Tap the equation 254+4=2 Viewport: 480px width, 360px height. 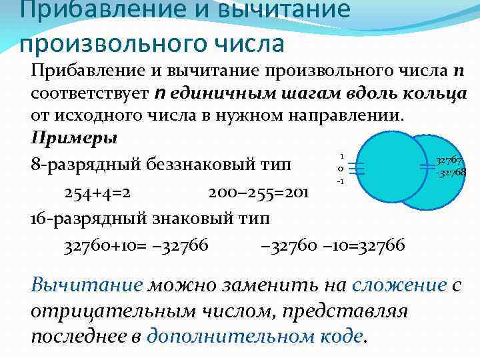97,193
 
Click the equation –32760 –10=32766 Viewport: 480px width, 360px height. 333,246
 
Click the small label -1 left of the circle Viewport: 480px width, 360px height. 339,181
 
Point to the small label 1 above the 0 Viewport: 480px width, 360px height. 341,153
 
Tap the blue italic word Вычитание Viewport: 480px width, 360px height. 87,285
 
